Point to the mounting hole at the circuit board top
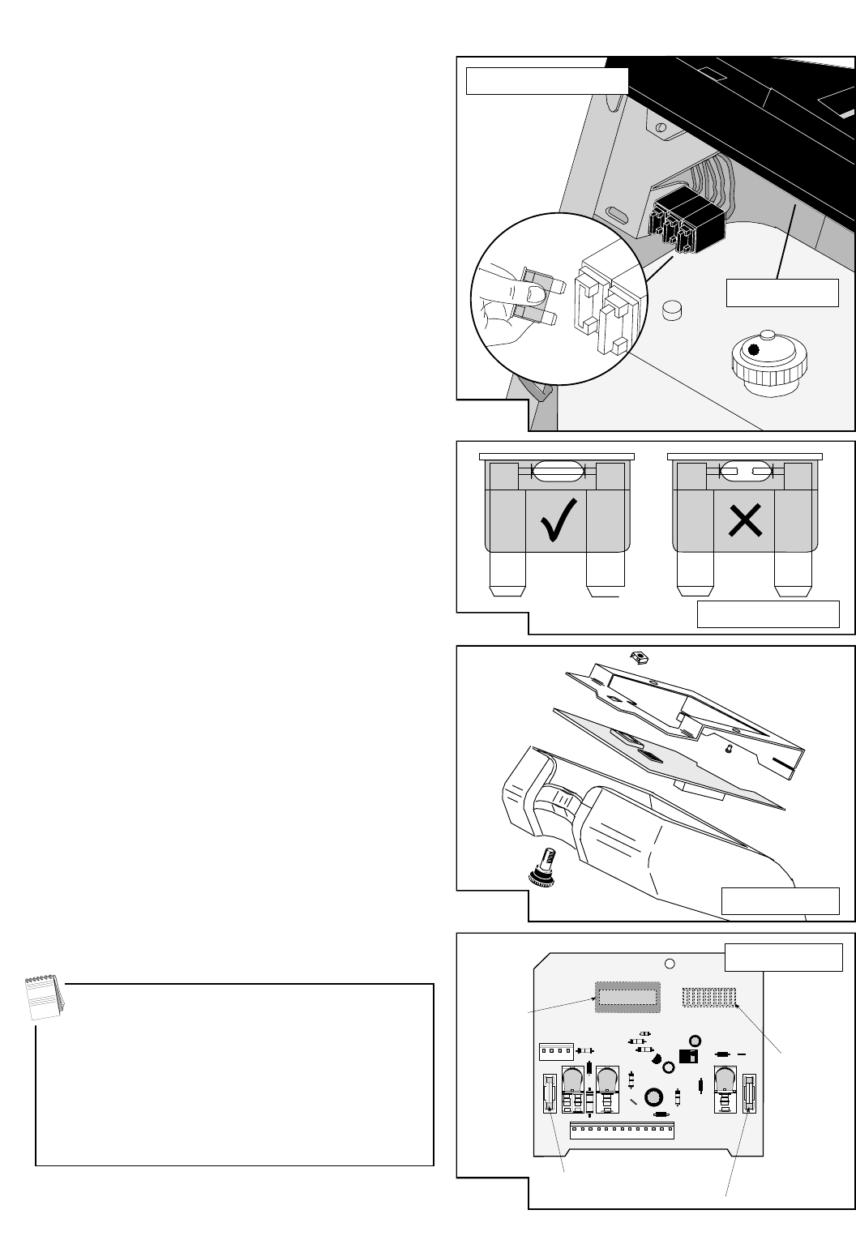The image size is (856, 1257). point(670,964)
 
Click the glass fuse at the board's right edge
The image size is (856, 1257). point(749,1092)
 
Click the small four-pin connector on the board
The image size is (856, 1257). point(556,1051)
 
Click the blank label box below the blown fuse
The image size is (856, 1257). point(768,614)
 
